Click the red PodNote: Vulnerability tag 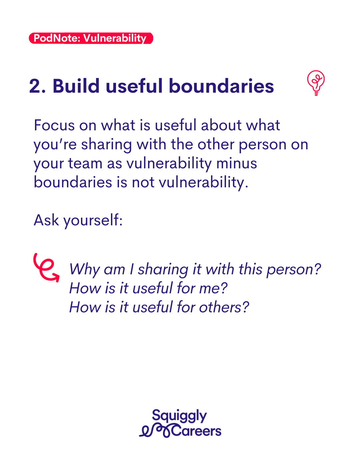(x=91, y=38)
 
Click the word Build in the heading (x=76, y=86)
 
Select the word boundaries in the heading (x=221, y=86)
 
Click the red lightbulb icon (x=316, y=83)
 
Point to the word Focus (x=54, y=125)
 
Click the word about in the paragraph (x=221, y=125)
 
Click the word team (x=85, y=163)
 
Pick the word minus (x=236, y=163)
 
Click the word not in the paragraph (x=143, y=182)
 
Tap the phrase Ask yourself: (x=78, y=221)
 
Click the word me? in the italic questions (x=213, y=288)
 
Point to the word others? (x=224, y=307)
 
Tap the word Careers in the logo (x=196, y=431)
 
